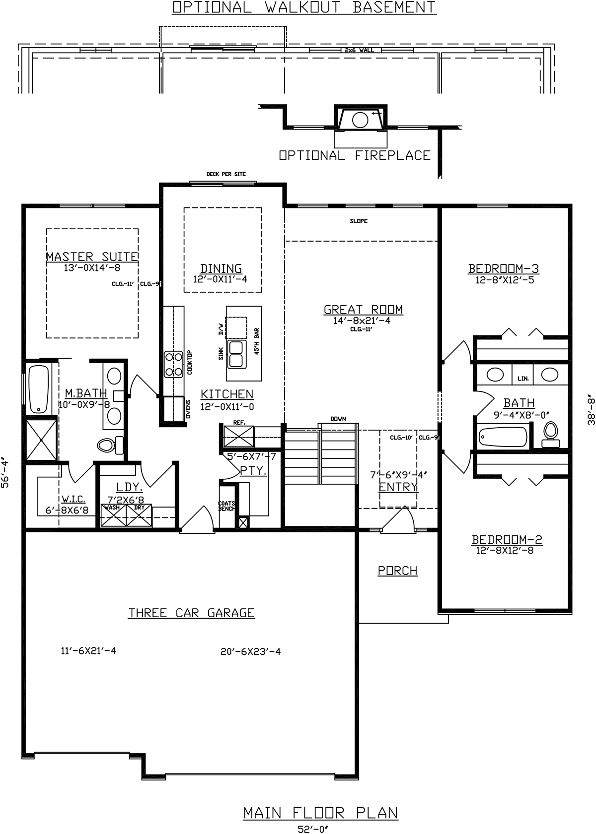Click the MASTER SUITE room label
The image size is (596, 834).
click(x=92, y=257)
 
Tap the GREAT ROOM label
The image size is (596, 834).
click(x=363, y=310)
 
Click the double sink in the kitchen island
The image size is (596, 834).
click(x=236, y=354)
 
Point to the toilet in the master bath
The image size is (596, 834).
click(x=110, y=445)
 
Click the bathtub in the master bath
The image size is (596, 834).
click(x=39, y=389)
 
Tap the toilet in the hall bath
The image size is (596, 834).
click(x=551, y=434)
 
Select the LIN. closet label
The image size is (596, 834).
click(x=523, y=379)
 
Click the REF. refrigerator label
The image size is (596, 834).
click(x=239, y=423)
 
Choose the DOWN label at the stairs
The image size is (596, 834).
click(x=338, y=419)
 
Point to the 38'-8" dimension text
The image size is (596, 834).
click(x=591, y=409)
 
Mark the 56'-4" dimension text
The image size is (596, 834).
click(x=5, y=474)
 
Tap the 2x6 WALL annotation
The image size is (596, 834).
click(x=359, y=50)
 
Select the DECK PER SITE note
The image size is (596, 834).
click(x=226, y=174)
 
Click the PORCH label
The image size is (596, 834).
click(x=398, y=571)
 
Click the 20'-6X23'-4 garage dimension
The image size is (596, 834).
click(x=250, y=651)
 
